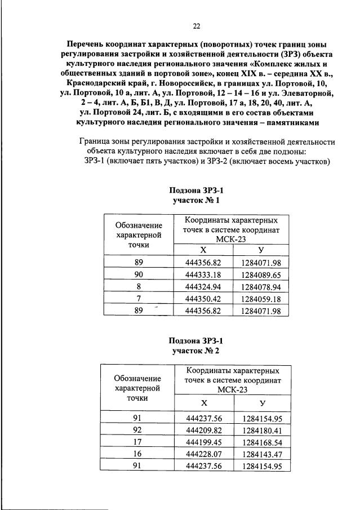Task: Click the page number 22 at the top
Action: pyautogui.click(x=197, y=25)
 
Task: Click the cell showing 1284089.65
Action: pyautogui.click(x=261, y=274)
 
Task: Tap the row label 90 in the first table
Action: pyautogui.click(x=139, y=274)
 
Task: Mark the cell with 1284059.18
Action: pyautogui.click(x=261, y=298)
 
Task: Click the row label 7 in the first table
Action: pyautogui.click(x=139, y=298)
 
